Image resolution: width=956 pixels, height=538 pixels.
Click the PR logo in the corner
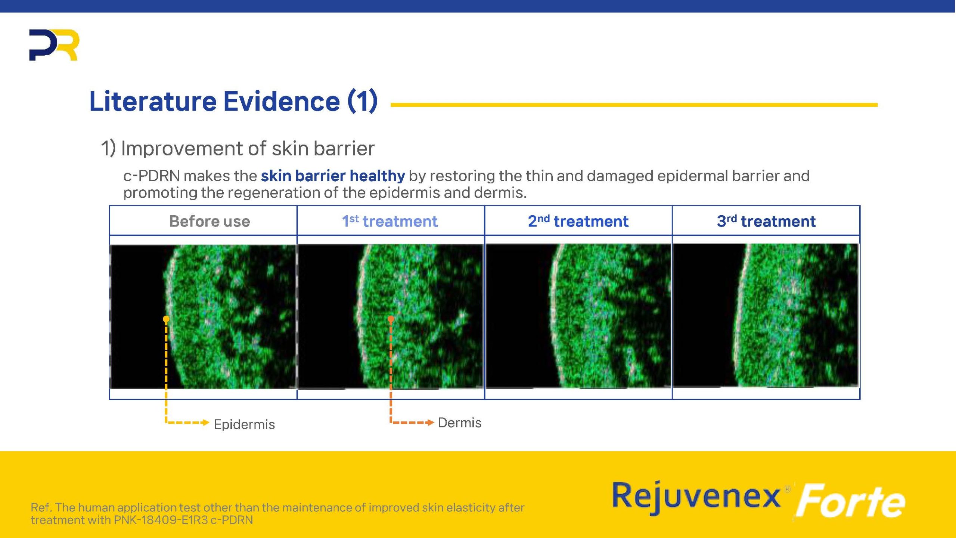point(54,45)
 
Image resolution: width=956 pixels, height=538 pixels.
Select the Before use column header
point(209,221)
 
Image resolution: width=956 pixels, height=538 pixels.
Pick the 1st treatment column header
point(390,221)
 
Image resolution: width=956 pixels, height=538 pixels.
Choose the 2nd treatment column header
point(578,221)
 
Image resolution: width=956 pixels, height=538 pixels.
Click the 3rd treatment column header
point(766,221)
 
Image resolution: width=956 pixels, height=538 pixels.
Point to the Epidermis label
point(244,424)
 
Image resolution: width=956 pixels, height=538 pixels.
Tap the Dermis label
point(460,423)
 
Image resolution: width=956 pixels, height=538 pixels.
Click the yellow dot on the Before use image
point(166,319)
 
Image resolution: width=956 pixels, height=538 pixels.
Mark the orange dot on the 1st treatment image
point(391,319)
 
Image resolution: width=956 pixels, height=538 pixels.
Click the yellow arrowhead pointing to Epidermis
point(205,423)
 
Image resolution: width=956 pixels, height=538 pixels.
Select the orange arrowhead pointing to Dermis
point(430,423)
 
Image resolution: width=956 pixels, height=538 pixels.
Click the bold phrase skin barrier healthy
point(333,176)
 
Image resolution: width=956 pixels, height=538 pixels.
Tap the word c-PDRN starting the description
point(151,176)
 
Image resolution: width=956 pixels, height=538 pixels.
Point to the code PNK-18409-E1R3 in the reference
point(161,520)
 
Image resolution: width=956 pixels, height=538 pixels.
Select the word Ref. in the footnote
point(41,507)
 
